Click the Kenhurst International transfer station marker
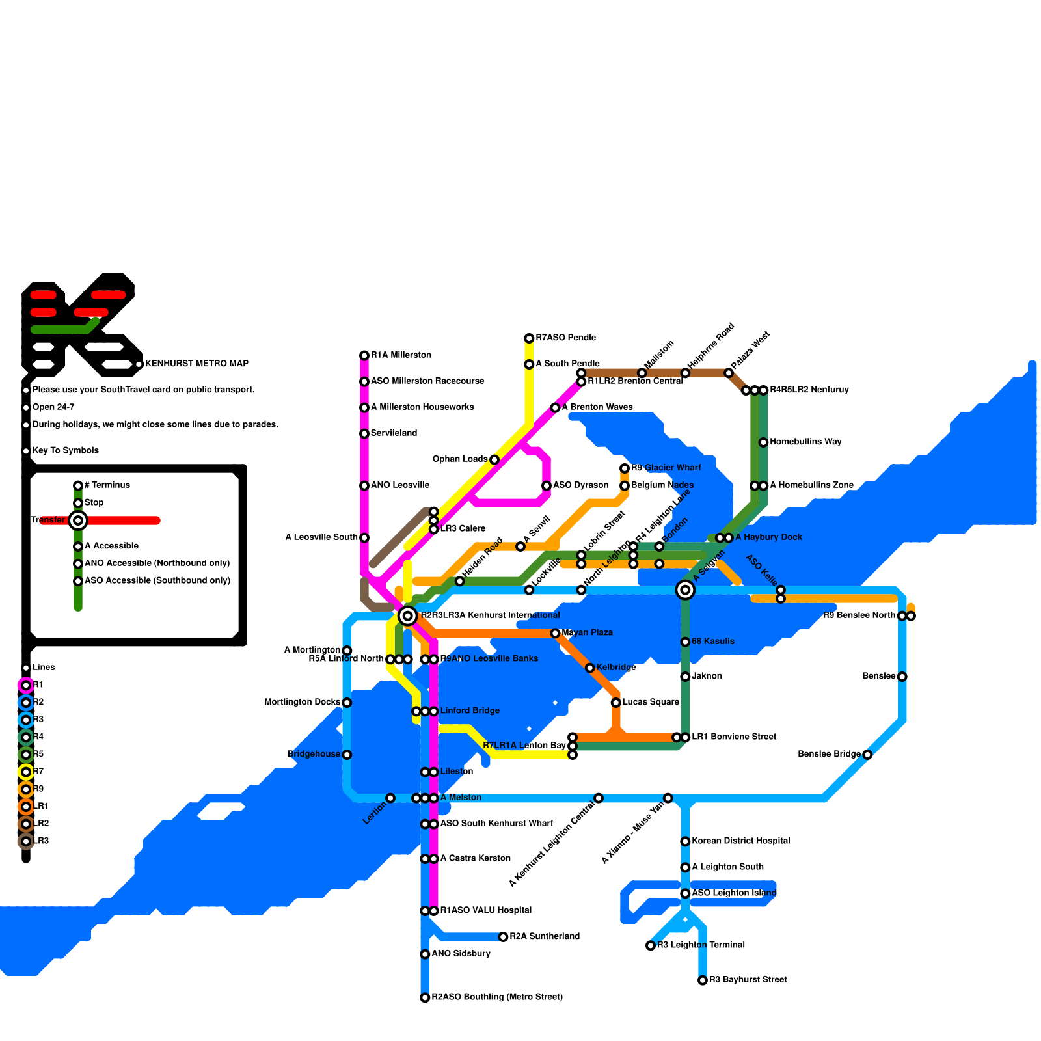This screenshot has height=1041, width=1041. (407, 615)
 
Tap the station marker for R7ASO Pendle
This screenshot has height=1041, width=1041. (529, 338)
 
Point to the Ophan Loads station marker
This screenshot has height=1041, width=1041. (494, 460)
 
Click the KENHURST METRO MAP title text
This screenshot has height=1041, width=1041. (196, 364)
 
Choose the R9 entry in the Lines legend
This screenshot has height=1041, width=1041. (38, 789)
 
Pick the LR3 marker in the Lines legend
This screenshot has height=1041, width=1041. (26, 841)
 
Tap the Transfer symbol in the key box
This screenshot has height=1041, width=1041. (78, 520)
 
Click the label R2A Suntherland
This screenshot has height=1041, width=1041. (545, 936)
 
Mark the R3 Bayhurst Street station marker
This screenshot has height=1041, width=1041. (703, 980)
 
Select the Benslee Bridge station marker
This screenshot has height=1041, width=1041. (867, 755)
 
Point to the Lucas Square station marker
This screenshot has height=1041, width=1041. (615, 703)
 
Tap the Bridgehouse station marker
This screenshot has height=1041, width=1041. (347, 755)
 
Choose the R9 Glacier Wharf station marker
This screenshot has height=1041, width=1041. (625, 468)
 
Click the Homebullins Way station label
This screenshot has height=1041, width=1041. (805, 442)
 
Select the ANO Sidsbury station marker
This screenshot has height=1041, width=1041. (425, 954)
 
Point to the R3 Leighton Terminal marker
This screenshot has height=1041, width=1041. (651, 945)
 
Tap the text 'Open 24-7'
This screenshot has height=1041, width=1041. (53, 407)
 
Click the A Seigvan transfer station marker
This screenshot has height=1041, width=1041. (685, 589)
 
